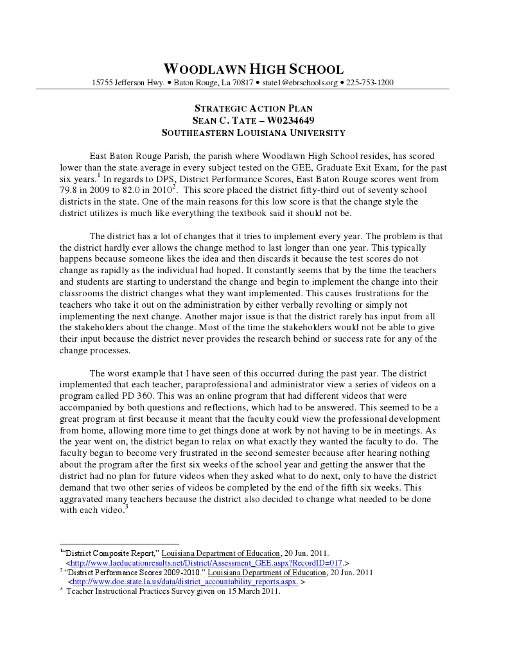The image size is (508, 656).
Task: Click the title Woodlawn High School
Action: coord(254,69)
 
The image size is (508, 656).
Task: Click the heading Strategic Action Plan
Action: coord(254,108)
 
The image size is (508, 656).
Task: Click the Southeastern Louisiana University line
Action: coord(254,133)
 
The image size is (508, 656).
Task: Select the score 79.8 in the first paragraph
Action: coord(69,190)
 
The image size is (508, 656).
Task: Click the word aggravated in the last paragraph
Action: coord(86,498)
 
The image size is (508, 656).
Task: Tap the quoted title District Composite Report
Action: coord(109,553)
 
